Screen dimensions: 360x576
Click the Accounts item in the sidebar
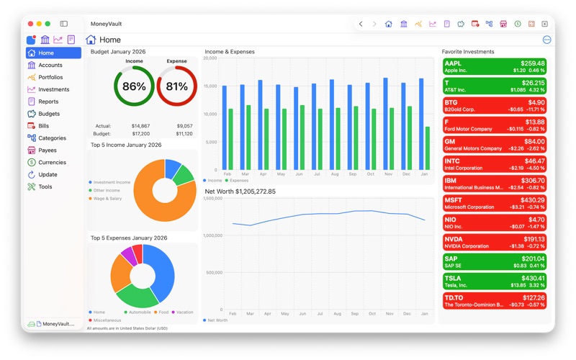pyautogui.click(x=50, y=65)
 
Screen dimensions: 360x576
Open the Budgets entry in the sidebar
pyautogui.click(x=48, y=114)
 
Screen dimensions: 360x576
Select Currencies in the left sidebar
pyautogui.click(x=52, y=162)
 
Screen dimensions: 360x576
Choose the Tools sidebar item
pyautogui.click(x=45, y=186)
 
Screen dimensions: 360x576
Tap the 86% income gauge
pyautogui.click(x=134, y=86)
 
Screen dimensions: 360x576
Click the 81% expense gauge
pyautogui.click(x=176, y=86)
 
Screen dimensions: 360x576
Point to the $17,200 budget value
pyautogui.click(x=141, y=134)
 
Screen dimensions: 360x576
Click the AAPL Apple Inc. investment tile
pyautogui.click(x=494, y=67)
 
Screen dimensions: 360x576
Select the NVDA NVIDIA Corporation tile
pyautogui.click(x=494, y=242)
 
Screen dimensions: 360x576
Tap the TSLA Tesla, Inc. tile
pyautogui.click(x=494, y=281)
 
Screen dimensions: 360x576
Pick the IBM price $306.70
pyautogui.click(x=533, y=180)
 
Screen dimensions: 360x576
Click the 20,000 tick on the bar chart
pyautogui.click(x=210, y=58)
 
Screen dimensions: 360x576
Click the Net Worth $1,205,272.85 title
pyautogui.click(x=240, y=192)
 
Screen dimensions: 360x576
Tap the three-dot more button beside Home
pyautogui.click(x=546, y=40)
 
